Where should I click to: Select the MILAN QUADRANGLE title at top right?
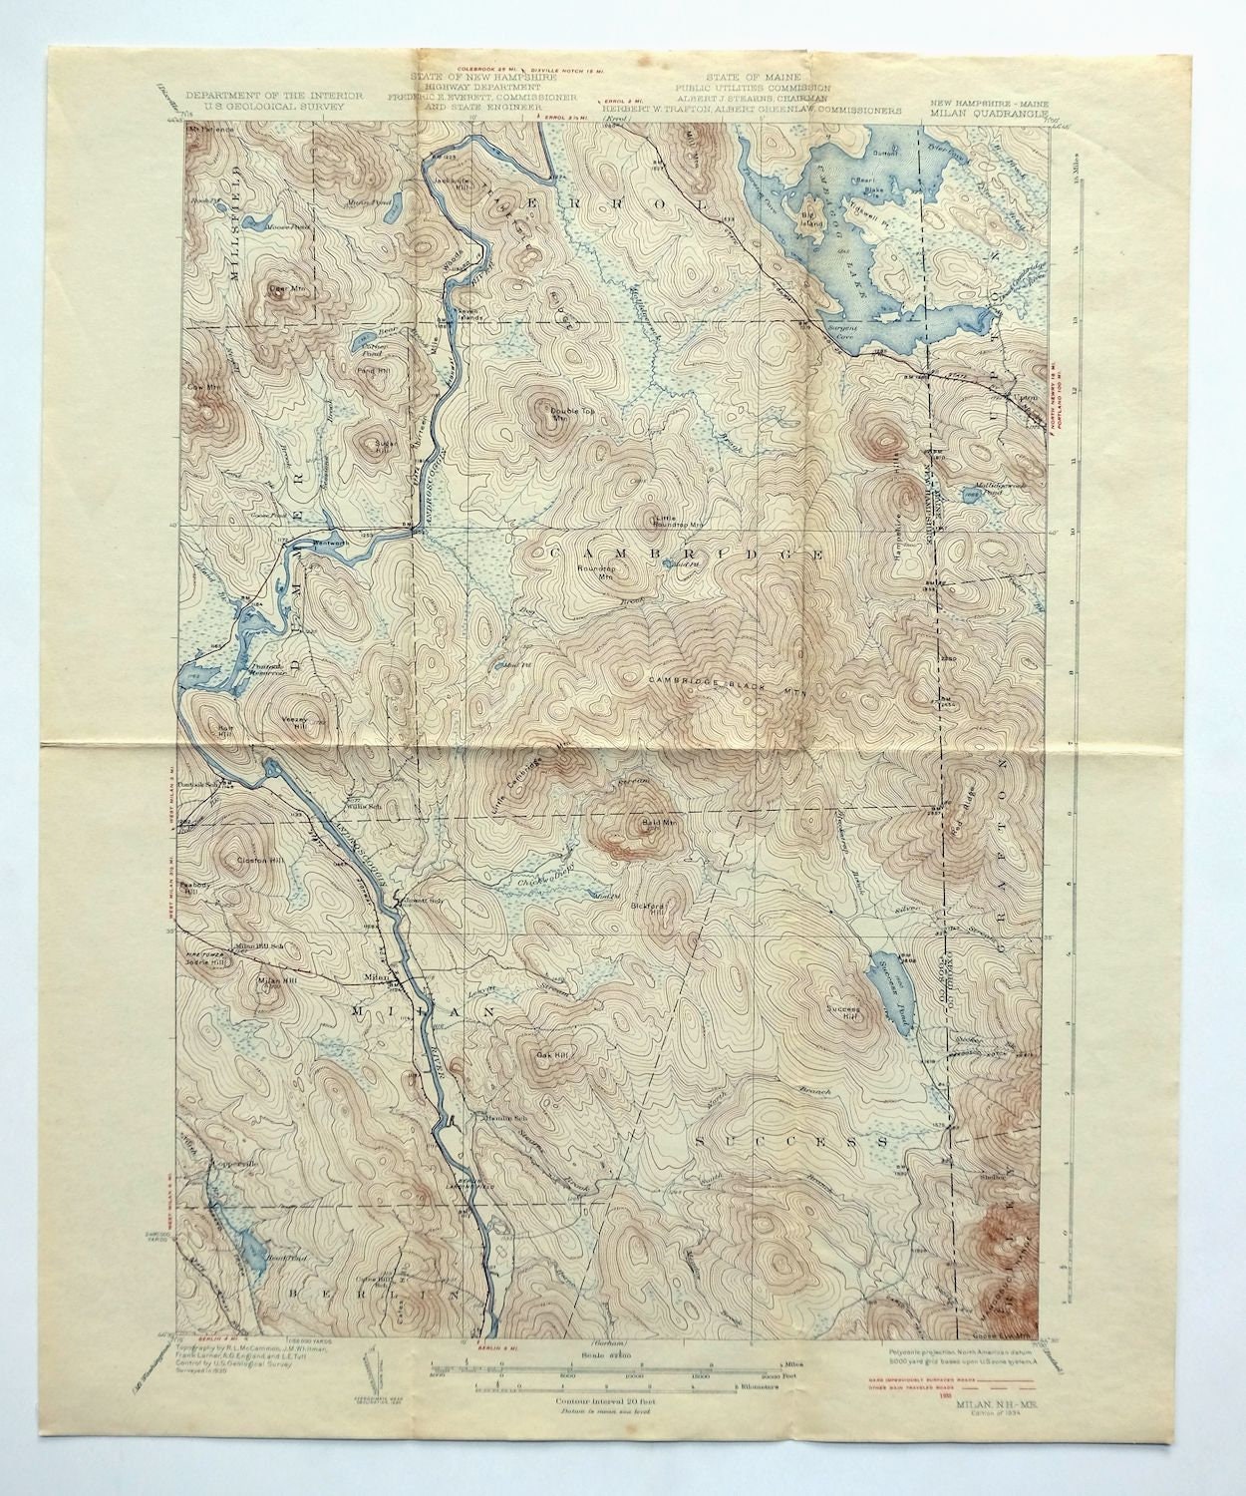click(x=986, y=113)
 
